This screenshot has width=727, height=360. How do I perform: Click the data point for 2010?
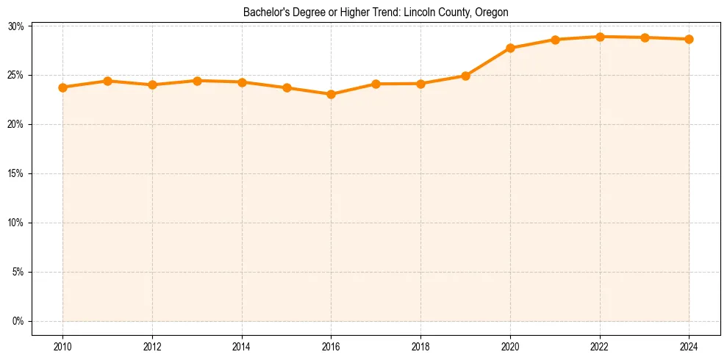(62, 87)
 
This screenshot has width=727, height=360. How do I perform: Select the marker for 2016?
(331, 94)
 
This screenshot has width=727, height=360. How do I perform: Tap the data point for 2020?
(510, 48)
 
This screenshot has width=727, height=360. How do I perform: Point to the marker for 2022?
(600, 37)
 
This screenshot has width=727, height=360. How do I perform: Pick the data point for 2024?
(689, 39)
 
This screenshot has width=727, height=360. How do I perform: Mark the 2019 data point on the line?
(465, 76)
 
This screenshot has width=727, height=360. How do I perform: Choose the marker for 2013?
(197, 81)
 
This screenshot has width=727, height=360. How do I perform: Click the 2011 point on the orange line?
(107, 81)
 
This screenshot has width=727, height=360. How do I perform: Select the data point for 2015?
(287, 87)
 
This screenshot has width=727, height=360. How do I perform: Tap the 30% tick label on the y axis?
(16, 26)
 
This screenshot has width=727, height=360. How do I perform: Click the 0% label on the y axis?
(18, 321)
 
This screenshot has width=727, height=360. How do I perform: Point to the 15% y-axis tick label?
(16, 174)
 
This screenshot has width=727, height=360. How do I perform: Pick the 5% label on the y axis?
(18, 272)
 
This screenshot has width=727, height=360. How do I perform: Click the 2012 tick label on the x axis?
(152, 345)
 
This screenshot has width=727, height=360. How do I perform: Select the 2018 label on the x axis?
(420, 345)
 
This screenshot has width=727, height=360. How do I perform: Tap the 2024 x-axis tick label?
(689, 345)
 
